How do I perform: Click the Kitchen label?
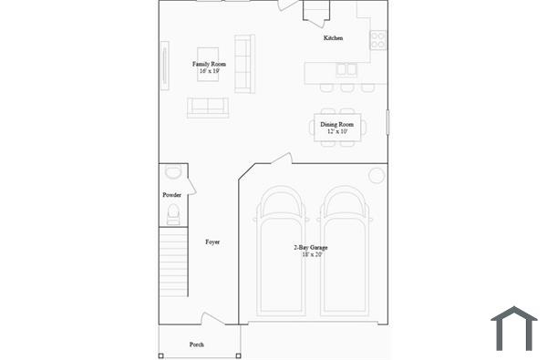click(334, 38)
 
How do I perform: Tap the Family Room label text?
click(209, 64)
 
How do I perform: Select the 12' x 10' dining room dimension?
click(336, 132)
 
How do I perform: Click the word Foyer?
click(212, 242)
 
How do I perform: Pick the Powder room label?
click(171, 195)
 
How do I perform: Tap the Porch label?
click(196, 345)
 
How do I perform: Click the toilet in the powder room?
click(172, 214)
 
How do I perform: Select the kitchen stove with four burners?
click(377, 39)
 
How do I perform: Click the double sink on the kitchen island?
click(347, 68)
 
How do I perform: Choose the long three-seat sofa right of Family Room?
click(243, 63)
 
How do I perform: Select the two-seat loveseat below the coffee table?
click(208, 107)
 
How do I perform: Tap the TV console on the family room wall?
click(164, 67)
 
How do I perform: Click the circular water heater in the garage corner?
click(376, 175)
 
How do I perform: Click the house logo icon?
click(513, 328)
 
